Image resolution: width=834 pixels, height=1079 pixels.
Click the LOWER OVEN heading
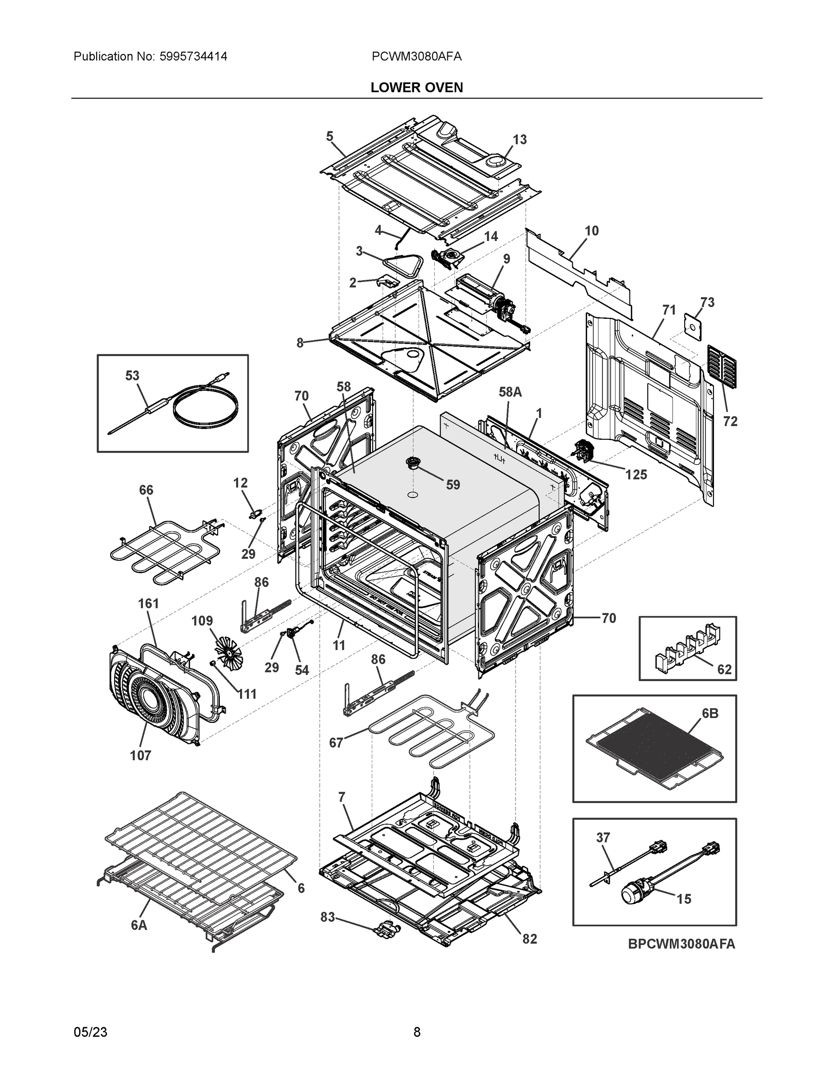pyautogui.click(x=416, y=88)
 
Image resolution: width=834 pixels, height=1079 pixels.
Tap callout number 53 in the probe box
pyautogui.click(x=132, y=375)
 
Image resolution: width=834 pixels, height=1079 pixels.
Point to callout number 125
pyautogui.click(x=636, y=475)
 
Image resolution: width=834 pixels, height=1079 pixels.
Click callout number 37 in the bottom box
pyautogui.click(x=603, y=838)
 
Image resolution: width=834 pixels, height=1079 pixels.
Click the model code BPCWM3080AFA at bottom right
pyautogui.click(x=681, y=944)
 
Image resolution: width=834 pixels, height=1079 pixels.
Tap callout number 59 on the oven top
pyautogui.click(x=453, y=485)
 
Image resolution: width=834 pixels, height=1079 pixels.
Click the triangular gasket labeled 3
pyautogui.click(x=404, y=265)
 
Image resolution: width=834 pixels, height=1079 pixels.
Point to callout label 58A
pyautogui.click(x=510, y=392)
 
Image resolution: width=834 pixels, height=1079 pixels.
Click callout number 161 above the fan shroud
pyautogui.click(x=148, y=604)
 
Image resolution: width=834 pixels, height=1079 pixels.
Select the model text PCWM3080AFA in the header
pyautogui.click(x=416, y=56)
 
